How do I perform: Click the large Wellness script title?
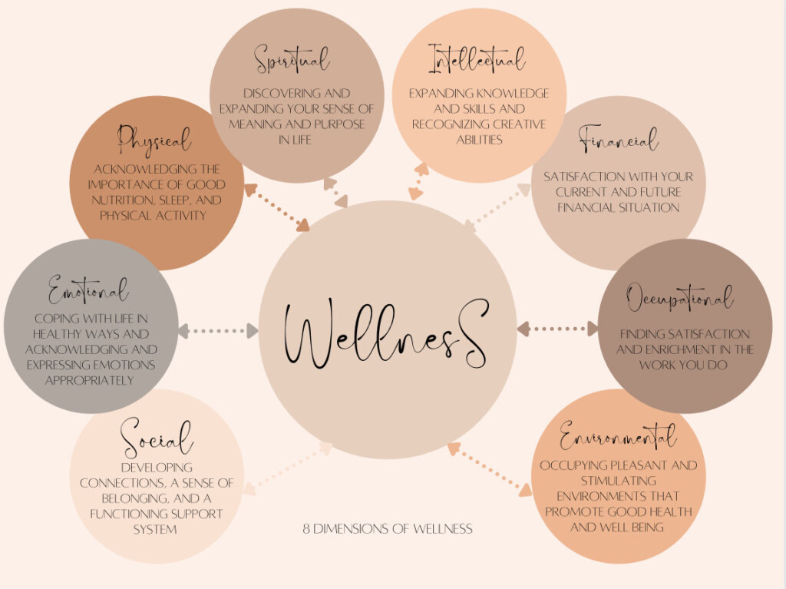coord(386,336)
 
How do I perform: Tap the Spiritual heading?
coord(292,59)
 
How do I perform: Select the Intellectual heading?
coord(477,58)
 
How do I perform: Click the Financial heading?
coord(619,141)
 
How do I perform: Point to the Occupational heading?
coord(679,298)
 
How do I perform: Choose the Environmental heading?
coord(618,435)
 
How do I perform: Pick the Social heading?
coord(157,438)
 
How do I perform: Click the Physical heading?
coord(154,140)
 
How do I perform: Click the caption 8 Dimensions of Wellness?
coord(387,528)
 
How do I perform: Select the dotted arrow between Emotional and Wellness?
coord(218,331)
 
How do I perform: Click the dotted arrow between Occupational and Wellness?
coord(557,329)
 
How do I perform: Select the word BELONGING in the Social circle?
coord(114,498)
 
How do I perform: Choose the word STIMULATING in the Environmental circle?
coord(617,481)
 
